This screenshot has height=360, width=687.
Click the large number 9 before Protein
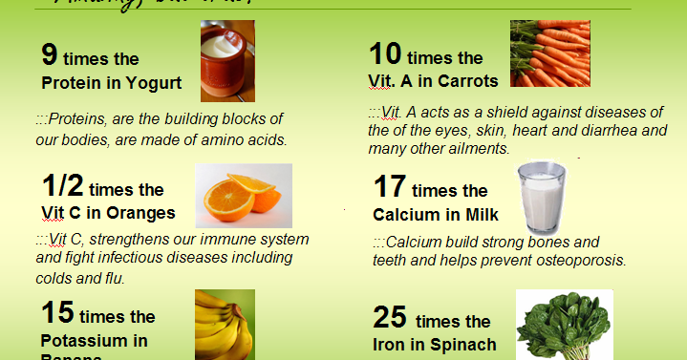tap(51, 53)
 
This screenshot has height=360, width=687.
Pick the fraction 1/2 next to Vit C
tap(70, 185)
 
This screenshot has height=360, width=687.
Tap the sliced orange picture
tap(243, 195)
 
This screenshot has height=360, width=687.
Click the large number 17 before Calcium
tap(389, 187)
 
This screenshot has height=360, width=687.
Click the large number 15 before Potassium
tap(56, 312)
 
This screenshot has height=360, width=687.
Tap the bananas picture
tap(224, 325)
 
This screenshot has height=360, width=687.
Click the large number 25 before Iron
tap(389, 317)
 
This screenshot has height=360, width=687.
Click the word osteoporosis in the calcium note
tap(583, 260)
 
